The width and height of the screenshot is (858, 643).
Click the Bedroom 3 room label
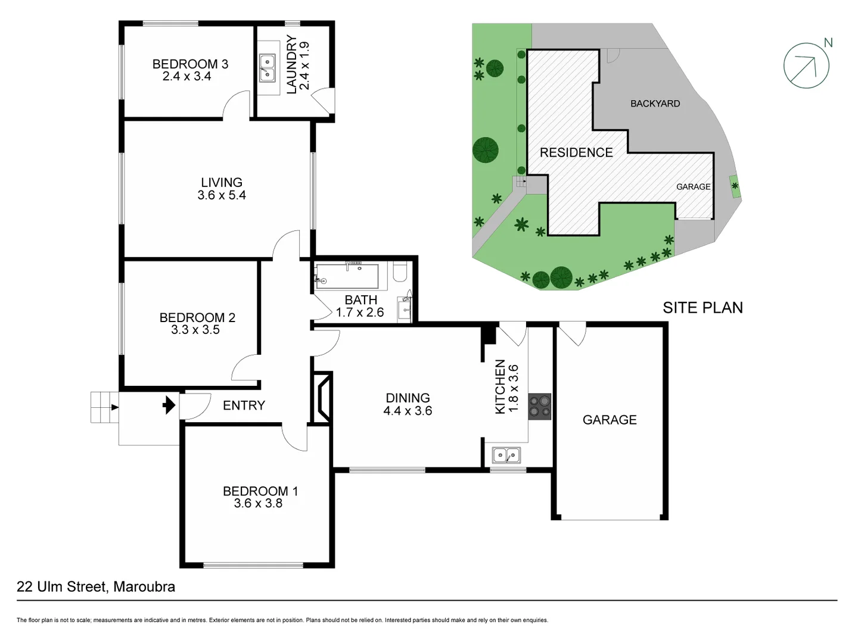coord(190,64)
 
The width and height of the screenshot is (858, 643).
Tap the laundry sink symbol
coord(268,67)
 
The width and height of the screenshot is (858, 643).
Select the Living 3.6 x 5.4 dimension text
coord(222,195)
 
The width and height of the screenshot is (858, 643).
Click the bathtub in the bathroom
coord(347,276)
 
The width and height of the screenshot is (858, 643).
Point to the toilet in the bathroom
coord(400,273)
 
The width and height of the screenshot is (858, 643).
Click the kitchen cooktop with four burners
coord(540,407)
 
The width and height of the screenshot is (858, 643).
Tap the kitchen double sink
coord(506,455)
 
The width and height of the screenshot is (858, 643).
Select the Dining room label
coord(408,398)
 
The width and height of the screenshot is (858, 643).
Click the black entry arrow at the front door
coord(169,405)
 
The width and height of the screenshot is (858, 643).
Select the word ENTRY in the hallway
coord(244,405)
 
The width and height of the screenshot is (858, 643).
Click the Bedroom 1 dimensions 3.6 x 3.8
coord(258,504)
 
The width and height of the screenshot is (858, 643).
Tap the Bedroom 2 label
coord(197,317)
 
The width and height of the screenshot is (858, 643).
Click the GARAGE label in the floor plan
coord(610,420)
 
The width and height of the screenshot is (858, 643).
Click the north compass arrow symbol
coord(806,65)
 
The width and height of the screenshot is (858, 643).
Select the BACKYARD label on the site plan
coord(655,104)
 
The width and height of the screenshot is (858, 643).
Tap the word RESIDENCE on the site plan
coord(576,152)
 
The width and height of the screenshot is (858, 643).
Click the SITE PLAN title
coord(702,308)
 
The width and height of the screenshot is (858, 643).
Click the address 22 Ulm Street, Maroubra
coord(96,586)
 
